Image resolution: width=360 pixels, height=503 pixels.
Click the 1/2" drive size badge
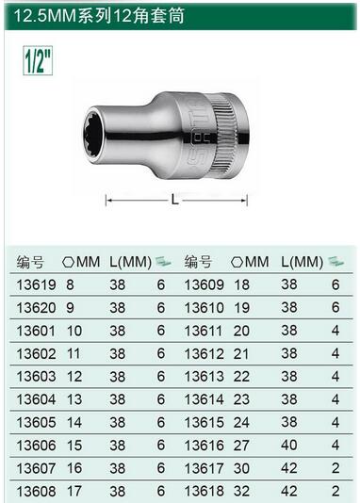coord(38,60)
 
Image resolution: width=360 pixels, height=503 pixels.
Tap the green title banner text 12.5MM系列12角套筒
coord(99,15)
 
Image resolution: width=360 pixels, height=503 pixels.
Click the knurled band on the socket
coord(225,136)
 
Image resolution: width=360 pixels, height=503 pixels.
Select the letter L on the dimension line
coord(175,200)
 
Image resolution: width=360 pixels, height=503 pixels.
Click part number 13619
coord(36,284)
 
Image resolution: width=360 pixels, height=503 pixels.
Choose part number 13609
coord(205,284)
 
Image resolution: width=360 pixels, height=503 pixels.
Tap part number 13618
coord(205,491)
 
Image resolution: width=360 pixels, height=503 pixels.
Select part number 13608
coord(36,491)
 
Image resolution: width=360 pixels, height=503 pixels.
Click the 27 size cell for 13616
coord(241,446)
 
